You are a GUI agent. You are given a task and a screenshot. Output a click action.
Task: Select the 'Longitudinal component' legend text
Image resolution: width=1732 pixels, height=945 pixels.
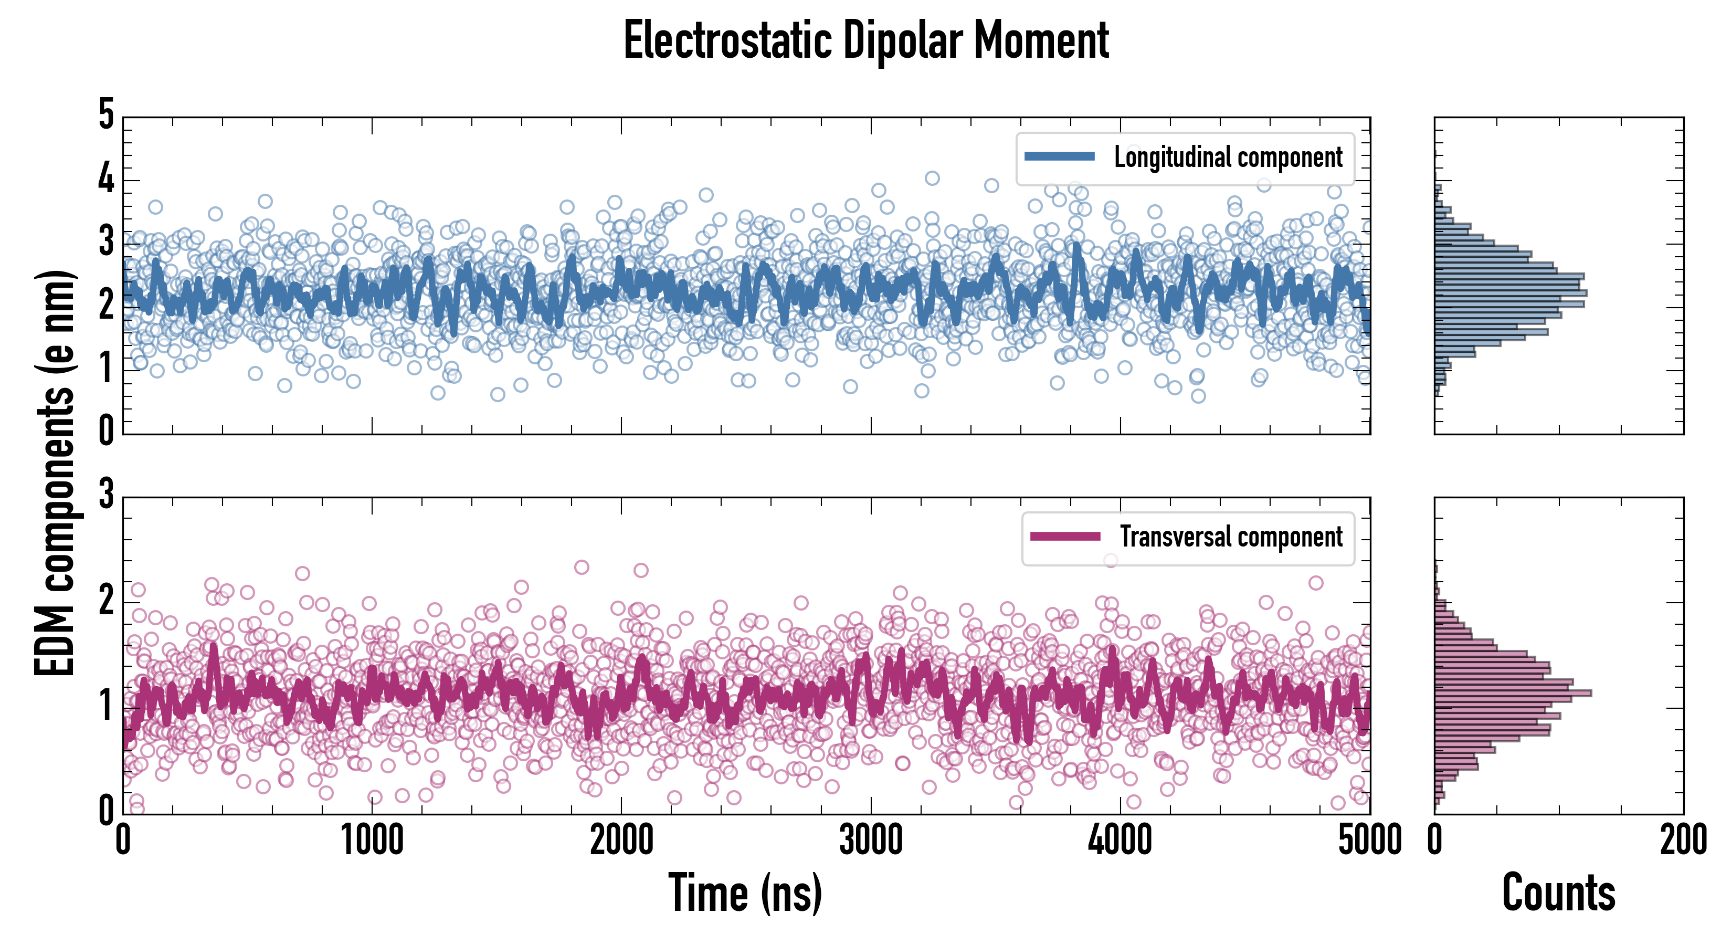[1228, 157]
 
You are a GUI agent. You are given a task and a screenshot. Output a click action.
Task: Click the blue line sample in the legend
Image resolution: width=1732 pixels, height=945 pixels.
[1060, 157]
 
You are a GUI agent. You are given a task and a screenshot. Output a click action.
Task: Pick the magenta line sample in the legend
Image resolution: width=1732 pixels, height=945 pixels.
[1065, 537]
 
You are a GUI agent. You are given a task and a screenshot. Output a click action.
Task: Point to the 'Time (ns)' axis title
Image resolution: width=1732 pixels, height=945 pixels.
[745, 893]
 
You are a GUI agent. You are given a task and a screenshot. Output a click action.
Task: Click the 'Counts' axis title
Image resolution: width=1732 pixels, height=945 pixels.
[1558, 893]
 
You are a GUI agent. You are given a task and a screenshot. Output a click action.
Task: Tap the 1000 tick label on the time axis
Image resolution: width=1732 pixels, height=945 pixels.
[372, 841]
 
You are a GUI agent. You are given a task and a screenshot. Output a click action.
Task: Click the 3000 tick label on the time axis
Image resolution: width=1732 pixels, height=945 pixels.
[871, 841]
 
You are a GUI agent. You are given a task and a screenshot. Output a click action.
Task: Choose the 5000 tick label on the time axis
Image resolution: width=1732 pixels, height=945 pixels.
[1370, 841]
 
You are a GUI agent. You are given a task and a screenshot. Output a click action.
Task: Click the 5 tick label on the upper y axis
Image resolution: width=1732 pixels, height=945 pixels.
[106, 114]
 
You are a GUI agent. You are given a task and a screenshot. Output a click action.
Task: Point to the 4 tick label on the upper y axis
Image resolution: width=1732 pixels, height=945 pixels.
[106, 179]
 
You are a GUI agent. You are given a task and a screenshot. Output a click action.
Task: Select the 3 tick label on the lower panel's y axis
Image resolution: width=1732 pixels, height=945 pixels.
[106, 495]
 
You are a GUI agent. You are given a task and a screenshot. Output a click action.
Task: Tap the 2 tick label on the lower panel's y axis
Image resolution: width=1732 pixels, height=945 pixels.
[106, 600]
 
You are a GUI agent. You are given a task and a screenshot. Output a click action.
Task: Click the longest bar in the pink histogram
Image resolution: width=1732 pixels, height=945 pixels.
[1513, 693]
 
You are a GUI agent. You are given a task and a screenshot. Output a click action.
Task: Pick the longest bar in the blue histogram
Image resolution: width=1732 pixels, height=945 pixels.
[1510, 293]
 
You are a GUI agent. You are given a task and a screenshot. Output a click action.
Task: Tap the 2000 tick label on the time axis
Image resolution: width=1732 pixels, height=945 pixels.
[621, 841]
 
